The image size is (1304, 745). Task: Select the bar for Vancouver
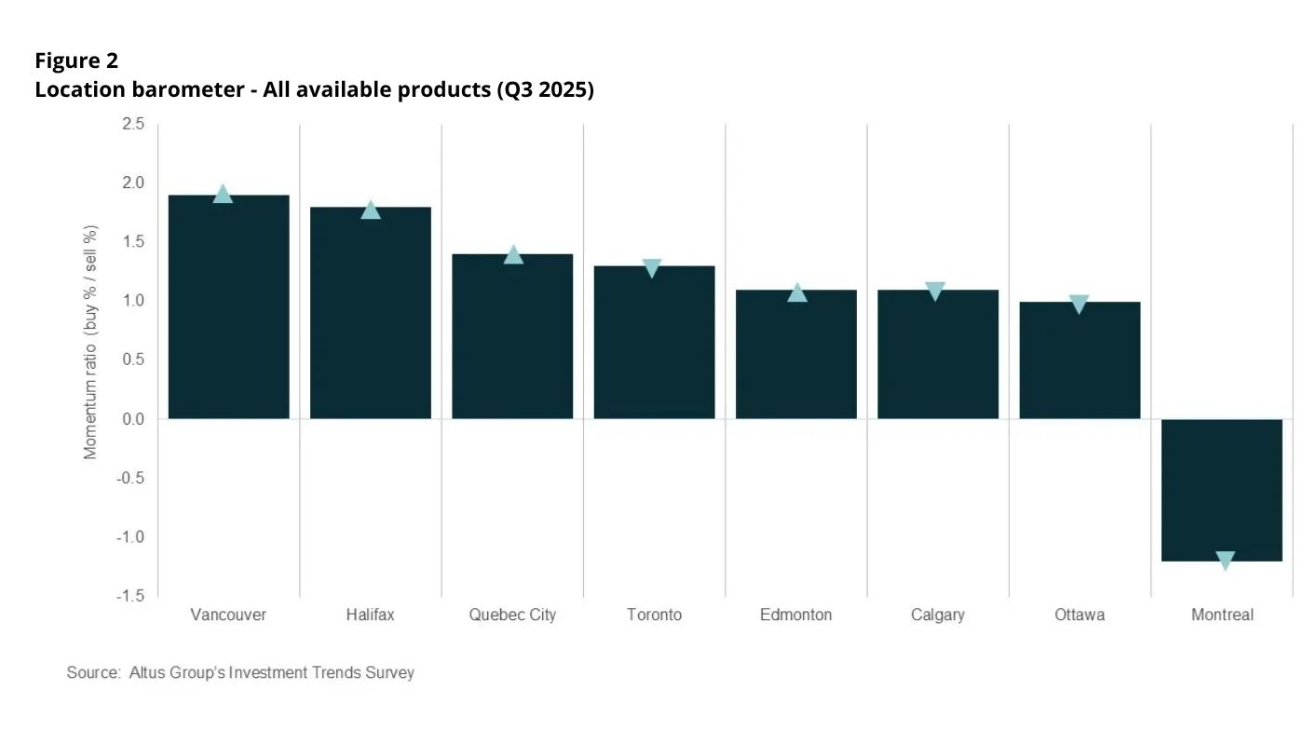(228, 307)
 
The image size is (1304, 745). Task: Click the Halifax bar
(371, 313)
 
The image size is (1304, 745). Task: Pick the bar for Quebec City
(512, 336)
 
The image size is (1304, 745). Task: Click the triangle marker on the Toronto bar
(652, 268)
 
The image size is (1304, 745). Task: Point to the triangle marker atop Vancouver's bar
(223, 194)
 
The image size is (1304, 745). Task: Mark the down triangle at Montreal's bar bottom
(1226, 561)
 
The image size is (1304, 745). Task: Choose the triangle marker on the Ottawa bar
(1080, 304)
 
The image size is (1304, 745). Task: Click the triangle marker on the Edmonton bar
(797, 292)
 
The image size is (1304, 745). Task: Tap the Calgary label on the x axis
(937, 615)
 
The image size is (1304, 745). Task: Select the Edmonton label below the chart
(795, 615)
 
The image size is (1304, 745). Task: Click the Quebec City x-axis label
(512, 615)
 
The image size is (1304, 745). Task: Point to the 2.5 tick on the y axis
(133, 124)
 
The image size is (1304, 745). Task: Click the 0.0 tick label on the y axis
(133, 419)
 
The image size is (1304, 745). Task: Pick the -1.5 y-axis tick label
(130, 596)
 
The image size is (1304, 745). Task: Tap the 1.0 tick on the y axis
(133, 301)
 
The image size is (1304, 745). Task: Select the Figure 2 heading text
(76, 61)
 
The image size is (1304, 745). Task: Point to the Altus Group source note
(240, 672)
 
